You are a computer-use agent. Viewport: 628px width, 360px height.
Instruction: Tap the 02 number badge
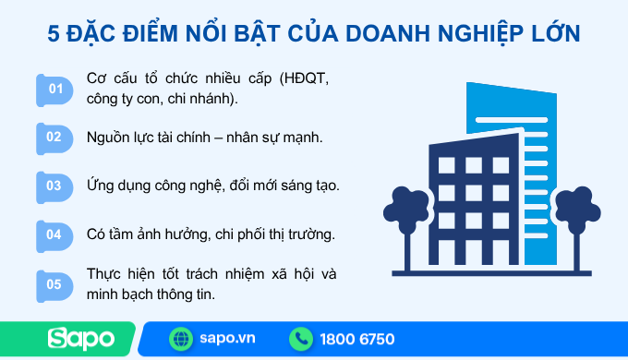click(x=55, y=137)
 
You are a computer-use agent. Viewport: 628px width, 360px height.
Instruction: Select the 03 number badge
click(x=55, y=186)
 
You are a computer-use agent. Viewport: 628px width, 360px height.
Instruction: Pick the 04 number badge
click(x=55, y=234)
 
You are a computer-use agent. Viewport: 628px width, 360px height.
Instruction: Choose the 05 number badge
click(x=55, y=284)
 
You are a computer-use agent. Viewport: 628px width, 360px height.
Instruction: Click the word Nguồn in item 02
click(x=108, y=137)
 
